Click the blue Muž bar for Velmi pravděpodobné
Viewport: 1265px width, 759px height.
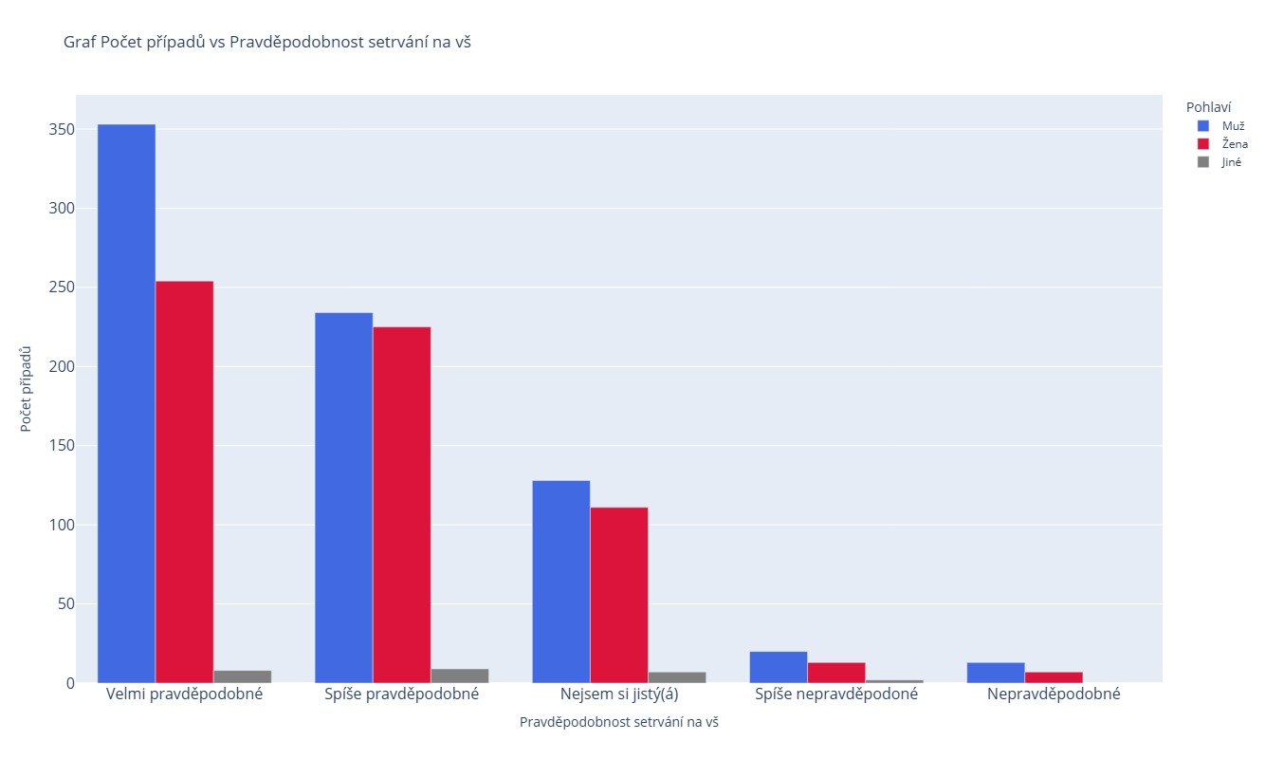(x=126, y=403)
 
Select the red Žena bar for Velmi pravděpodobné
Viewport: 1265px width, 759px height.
(x=184, y=482)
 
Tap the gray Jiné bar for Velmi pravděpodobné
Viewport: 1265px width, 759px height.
(x=242, y=676)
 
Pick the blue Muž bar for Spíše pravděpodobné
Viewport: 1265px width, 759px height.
(x=343, y=498)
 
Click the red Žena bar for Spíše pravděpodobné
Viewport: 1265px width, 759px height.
(x=401, y=505)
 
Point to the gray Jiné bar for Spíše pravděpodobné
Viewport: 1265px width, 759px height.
(x=459, y=676)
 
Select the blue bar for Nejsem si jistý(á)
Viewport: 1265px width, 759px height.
(x=560, y=582)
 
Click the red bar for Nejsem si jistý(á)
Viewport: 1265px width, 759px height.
(x=618, y=595)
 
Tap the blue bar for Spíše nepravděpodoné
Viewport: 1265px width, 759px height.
(x=778, y=667)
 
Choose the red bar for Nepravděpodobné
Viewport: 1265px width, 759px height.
(x=1053, y=677)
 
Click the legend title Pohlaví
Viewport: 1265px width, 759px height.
(x=1208, y=107)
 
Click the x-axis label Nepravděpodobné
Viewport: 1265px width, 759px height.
(x=1053, y=694)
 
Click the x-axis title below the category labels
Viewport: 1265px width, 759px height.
(x=618, y=722)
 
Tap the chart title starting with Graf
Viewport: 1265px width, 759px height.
(x=266, y=42)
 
